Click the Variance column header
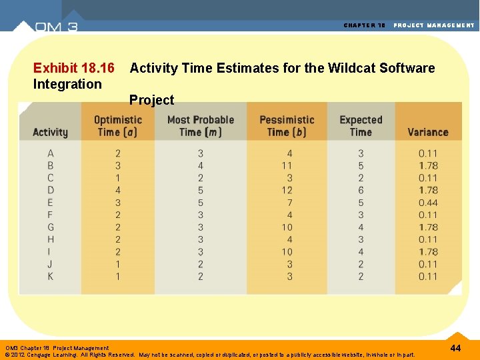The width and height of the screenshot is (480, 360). click(x=427, y=132)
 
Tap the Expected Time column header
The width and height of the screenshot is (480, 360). click(x=361, y=126)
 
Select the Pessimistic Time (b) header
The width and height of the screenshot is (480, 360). click(x=287, y=126)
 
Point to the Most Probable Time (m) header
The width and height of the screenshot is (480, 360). click(x=201, y=126)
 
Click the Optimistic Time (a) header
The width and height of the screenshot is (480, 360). click(x=118, y=126)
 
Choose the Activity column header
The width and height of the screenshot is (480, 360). click(x=50, y=132)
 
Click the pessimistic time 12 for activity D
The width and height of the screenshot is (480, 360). click(x=287, y=190)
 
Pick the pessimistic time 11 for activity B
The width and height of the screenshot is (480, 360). click(x=287, y=165)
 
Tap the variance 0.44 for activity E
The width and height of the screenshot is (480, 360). click(x=428, y=203)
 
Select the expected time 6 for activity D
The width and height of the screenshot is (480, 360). click(x=361, y=190)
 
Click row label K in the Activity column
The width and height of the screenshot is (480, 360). click(x=51, y=276)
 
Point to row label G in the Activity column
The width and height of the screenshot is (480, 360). click(x=51, y=227)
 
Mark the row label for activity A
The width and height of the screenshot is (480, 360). click(x=51, y=153)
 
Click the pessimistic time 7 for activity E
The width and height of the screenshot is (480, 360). click(x=289, y=203)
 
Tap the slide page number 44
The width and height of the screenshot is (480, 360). click(x=456, y=349)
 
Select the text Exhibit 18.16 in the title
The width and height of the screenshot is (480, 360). click(x=73, y=68)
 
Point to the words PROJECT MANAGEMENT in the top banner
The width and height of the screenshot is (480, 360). click(x=434, y=25)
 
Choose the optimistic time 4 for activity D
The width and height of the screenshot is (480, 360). click(x=118, y=190)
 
